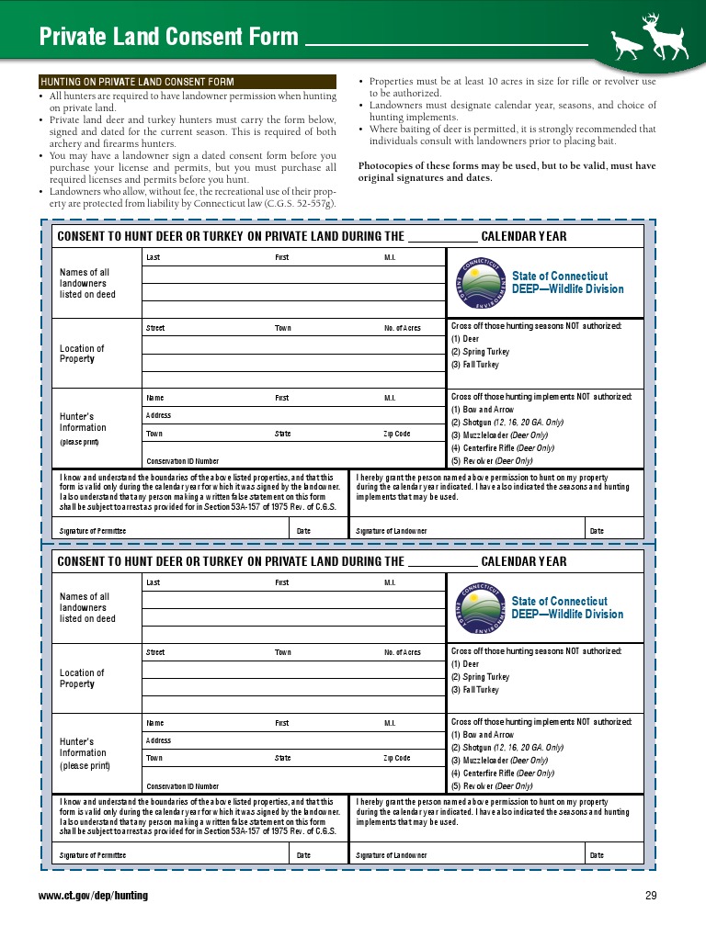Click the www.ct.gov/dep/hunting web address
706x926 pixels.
[93, 896]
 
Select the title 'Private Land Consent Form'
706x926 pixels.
[168, 37]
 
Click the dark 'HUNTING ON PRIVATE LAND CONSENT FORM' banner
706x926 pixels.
[136, 83]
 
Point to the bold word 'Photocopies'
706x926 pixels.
[387, 166]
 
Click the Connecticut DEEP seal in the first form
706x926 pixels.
[479, 283]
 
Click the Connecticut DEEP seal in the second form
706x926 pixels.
[479, 608]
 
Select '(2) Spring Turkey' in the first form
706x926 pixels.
[479, 352]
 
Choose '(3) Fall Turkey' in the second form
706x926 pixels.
[474, 690]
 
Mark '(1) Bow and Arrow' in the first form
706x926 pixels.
[482, 409]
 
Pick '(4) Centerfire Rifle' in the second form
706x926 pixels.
[502, 773]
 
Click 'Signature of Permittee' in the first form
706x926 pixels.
[92, 531]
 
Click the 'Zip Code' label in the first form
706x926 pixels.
[396, 434]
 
